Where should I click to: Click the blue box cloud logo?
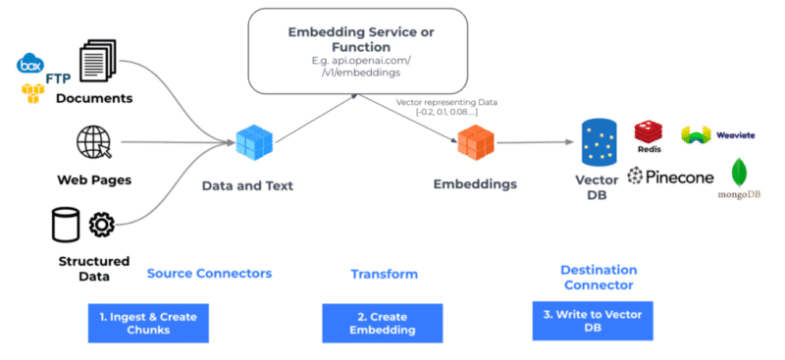pyautogui.click(x=30, y=66)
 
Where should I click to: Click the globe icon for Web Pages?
pyautogui.click(x=94, y=144)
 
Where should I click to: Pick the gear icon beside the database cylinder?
pyautogui.click(x=101, y=225)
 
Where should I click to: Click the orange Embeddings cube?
pyautogui.click(x=476, y=144)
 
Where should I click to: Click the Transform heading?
pyautogui.click(x=384, y=274)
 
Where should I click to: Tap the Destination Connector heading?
pyautogui.click(x=599, y=277)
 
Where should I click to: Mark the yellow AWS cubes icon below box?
pyautogui.click(x=32, y=93)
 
